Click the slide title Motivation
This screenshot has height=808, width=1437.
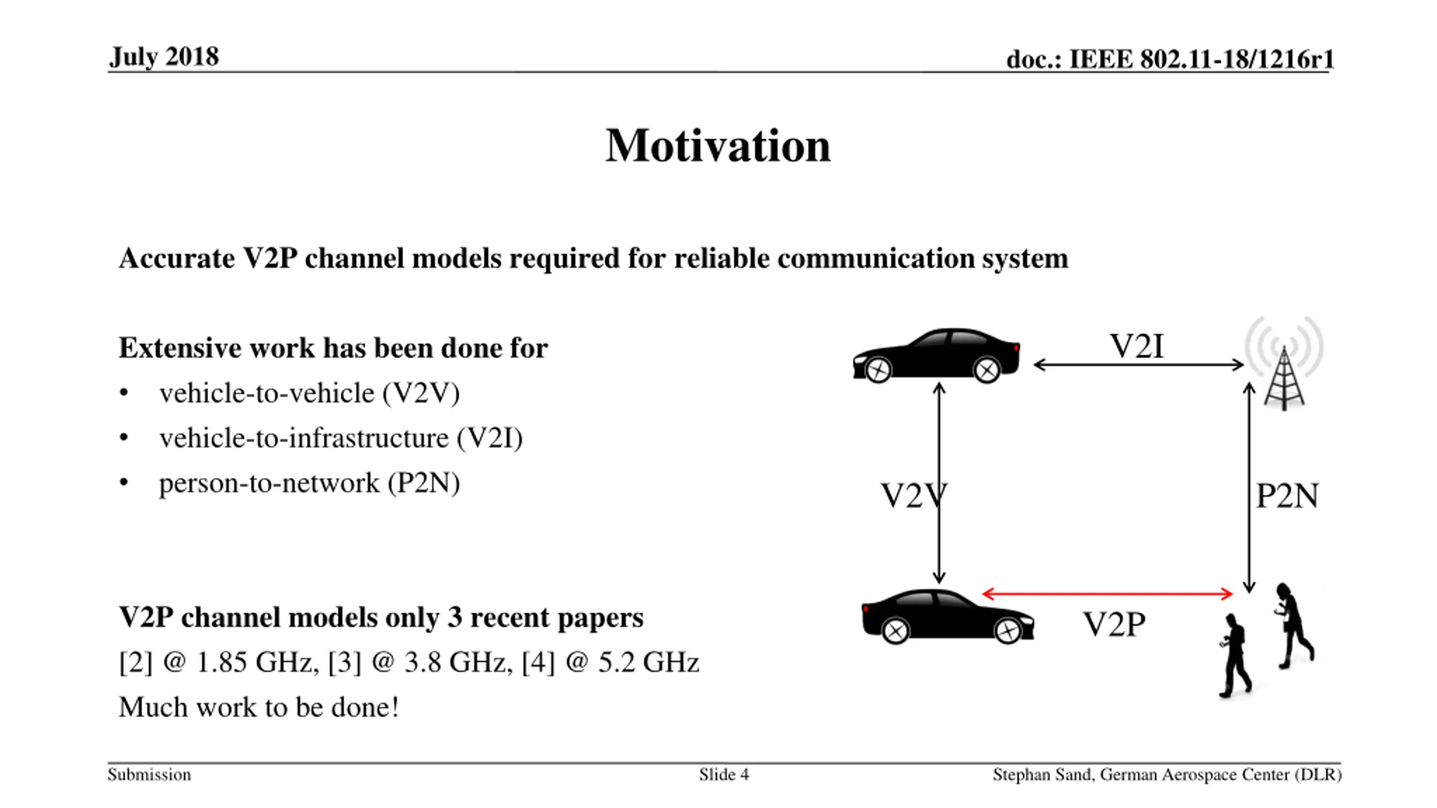pos(717,146)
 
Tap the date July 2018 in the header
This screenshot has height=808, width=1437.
pos(164,57)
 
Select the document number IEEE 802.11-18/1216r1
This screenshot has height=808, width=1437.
pos(1201,59)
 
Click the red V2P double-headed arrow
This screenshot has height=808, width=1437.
pos(1107,594)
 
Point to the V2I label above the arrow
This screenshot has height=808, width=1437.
pos(1137,346)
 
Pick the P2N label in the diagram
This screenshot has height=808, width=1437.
pos(1287,496)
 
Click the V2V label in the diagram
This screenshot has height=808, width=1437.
pos(913,496)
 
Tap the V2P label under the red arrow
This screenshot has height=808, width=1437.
pos(1114,624)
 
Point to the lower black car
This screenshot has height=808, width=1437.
pos(948,616)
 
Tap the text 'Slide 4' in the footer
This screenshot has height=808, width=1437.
pos(724,775)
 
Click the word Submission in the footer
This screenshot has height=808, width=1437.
pos(149,775)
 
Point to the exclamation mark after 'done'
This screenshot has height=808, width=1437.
pos(395,707)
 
